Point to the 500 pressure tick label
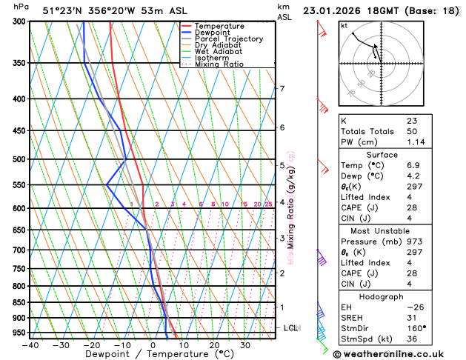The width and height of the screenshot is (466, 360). click(19, 159)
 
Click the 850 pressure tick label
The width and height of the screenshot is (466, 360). click(19, 302)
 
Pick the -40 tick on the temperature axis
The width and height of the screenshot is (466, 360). click(30, 345)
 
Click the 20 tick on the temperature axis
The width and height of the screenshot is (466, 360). click(214, 345)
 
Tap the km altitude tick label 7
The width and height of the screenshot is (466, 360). click(282, 89)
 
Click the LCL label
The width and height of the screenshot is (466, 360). click(291, 327)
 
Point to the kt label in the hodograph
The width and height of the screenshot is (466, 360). click(344, 26)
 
